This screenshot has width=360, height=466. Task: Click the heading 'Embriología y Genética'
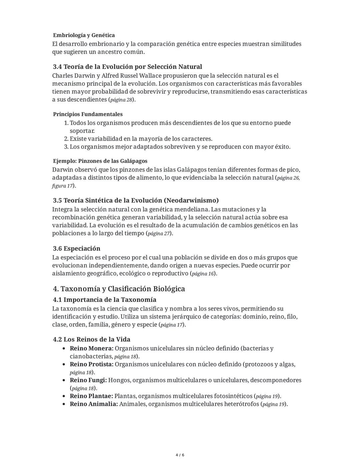coord(84,35)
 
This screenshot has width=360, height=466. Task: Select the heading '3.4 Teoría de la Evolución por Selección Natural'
coord(127,67)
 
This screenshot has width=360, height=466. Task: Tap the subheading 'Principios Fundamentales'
coord(88,114)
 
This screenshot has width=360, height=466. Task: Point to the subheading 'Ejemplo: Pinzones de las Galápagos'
coord(100,161)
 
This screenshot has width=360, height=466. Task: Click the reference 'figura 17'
coord(62,186)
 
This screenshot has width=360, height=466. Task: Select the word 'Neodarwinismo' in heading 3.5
coord(191,200)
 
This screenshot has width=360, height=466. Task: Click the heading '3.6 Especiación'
coord(77,249)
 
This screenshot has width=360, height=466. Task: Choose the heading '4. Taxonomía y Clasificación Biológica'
coord(119,289)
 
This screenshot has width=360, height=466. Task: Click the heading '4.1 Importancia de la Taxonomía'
coord(105,300)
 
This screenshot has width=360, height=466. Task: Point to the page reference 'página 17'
coord(172,325)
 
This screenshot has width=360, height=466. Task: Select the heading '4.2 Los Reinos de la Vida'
coord(92,340)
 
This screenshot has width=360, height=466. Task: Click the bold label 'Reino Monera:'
coord(91,349)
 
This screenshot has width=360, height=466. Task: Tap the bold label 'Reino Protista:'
coord(91,364)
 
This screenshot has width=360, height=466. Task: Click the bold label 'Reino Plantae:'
coord(91,396)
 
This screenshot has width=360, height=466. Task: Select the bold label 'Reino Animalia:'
coord(94,404)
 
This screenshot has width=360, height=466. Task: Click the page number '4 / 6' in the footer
coord(180,455)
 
